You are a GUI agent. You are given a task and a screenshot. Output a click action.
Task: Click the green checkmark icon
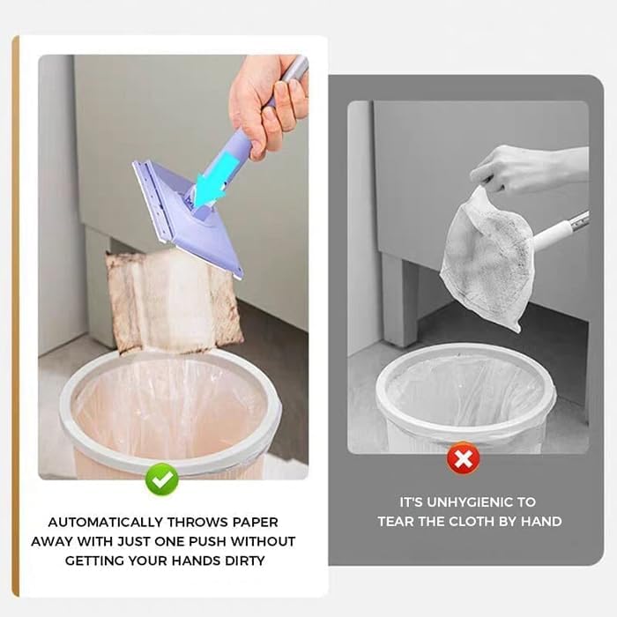(x=162, y=479)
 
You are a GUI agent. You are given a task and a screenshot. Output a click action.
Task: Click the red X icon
(x=461, y=458)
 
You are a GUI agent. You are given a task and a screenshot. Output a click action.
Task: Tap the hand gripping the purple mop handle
(x=261, y=106)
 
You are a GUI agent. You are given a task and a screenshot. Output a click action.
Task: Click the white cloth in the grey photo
(x=485, y=251)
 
